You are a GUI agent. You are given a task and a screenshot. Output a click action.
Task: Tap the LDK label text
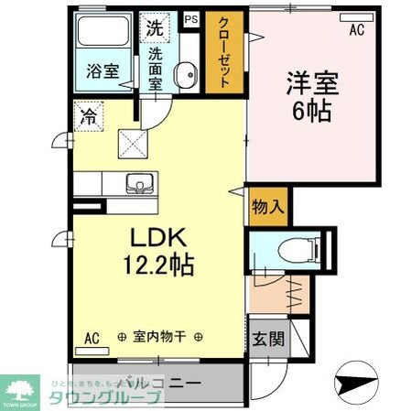click(x=157, y=237)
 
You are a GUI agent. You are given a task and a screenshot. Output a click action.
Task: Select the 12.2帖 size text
click(x=158, y=267)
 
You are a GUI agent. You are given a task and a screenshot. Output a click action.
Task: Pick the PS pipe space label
click(x=191, y=18)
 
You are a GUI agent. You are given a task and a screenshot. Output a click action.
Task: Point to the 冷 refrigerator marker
click(x=89, y=116)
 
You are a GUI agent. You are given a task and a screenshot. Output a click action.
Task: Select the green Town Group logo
click(x=20, y=390)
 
